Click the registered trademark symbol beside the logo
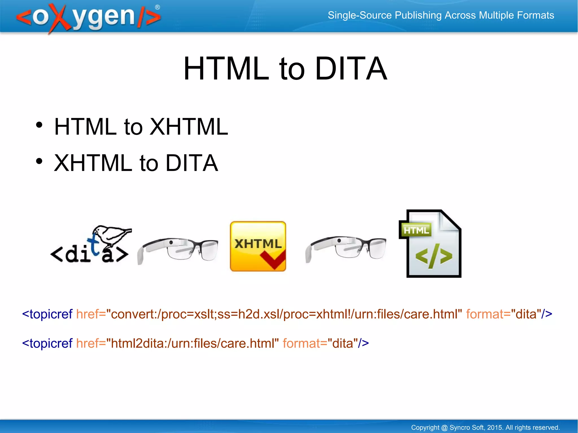[157, 7]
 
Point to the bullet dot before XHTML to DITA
[39, 161]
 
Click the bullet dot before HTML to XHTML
[39, 125]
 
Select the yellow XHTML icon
[258, 246]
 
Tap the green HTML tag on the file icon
[416, 230]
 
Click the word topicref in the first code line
[51, 314]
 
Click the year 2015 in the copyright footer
[495, 427]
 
